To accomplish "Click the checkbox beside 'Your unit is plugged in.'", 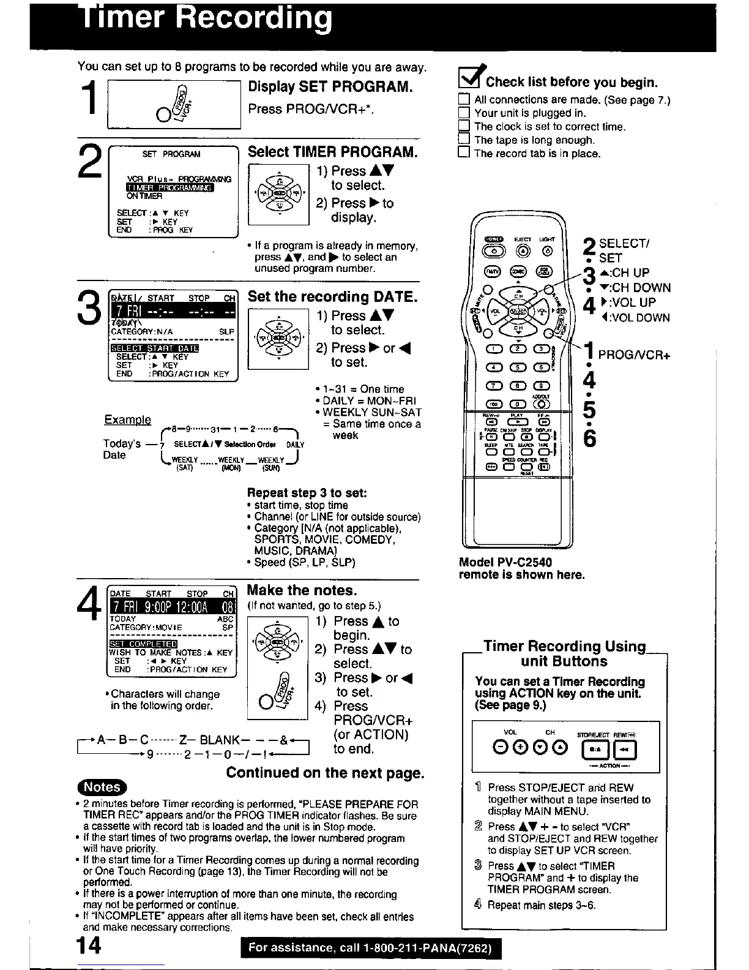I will pyautogui.click(x=464, y=113).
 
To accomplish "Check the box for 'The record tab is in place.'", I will pyautogui.click(x=464, y=153).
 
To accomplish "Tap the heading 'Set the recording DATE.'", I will pyautogui.click(x=333, y=297).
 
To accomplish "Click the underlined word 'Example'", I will pyautogui.click(x=128, y=419).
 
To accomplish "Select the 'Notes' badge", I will pyautogui.click(x=101, y=786).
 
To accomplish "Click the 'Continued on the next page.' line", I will pyautogui.click(x=325, y=772).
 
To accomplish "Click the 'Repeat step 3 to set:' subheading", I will pyautogui.click(x=307, y=492).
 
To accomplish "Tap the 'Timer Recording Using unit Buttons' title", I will pyautogui.click(x=564, y=653).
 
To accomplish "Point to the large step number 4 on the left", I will pyautogui.click(x=90, y=606).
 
